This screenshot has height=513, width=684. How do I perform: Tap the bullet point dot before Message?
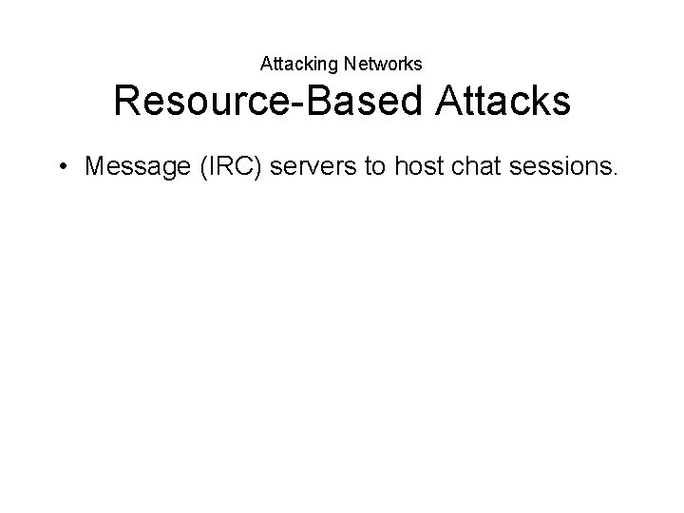[x=63, y=167]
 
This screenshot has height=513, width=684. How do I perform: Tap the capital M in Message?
[x=95, y=167]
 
